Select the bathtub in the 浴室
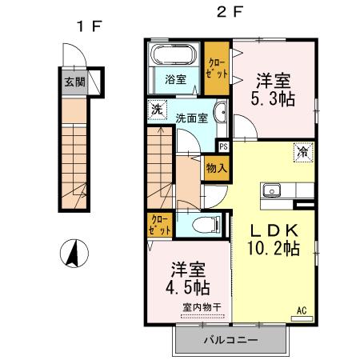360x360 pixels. point(174,58)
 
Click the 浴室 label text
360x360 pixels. point(175,80)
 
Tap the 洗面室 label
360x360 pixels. point(192,118)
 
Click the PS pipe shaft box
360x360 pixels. point(223,146)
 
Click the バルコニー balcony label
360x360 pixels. point(229,340)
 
